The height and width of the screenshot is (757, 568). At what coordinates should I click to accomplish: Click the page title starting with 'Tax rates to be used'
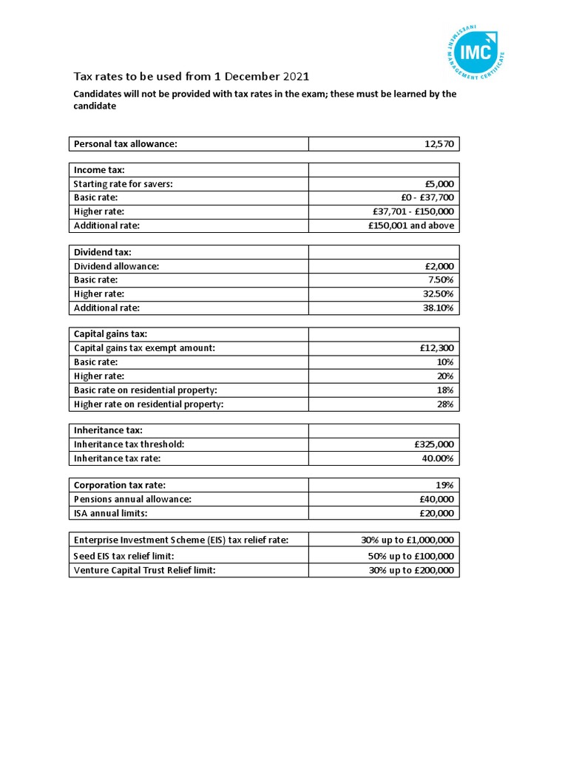pyautogui.click(x=191, y=77)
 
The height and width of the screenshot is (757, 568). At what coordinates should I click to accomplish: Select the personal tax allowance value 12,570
pyautogui.click(x=439, y=143)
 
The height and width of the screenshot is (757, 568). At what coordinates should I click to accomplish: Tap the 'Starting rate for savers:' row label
pyautogui.click(x=123, y=184)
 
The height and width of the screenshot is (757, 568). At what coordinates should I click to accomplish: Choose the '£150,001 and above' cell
pyautogui.click(x=411, y=225)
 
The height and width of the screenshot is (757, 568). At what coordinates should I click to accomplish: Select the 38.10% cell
pyautogui.click(x=438, y=308)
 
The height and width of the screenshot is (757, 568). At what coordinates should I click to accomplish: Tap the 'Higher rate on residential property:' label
pyautogui.click(x=148, y=404)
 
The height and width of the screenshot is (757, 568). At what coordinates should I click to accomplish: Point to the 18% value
pyautogui.click(x=445, y=390)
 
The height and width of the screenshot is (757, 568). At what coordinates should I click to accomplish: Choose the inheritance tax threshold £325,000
pyautogui.click(x=434, y=444)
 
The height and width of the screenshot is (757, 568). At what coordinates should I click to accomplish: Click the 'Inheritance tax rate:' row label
pyautogui.click(x=117, y=458)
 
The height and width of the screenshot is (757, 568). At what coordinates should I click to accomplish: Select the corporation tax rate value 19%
pyautogui.click(x=445, y=485)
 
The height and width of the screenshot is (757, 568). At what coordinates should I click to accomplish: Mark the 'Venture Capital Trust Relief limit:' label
pyautogui.click(x=145, y=570)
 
